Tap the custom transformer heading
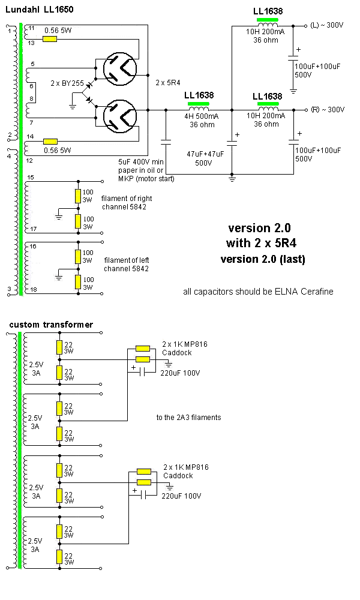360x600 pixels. pos(51,325)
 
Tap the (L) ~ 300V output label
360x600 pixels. pos(327,26)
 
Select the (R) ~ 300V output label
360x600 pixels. pos(327,110)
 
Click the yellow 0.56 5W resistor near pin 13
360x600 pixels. pos(50,39)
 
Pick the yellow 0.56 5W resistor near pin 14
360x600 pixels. pos(50,141)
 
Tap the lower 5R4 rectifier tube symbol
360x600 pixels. pos(119,116)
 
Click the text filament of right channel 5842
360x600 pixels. pos(127,203)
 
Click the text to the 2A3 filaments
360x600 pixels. pos(188,416)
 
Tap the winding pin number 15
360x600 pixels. pos(31,177)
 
